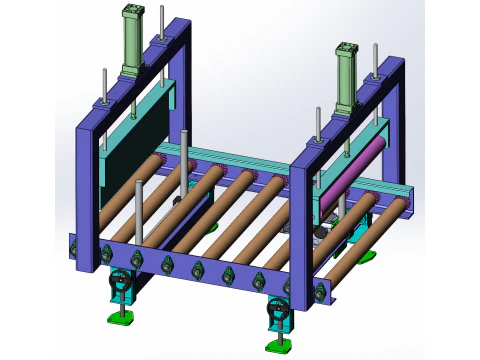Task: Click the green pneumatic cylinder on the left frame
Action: [133, 45]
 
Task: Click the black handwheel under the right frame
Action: [277, 312]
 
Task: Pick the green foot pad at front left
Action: [121, 320]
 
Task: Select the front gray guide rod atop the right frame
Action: [318, 124]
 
